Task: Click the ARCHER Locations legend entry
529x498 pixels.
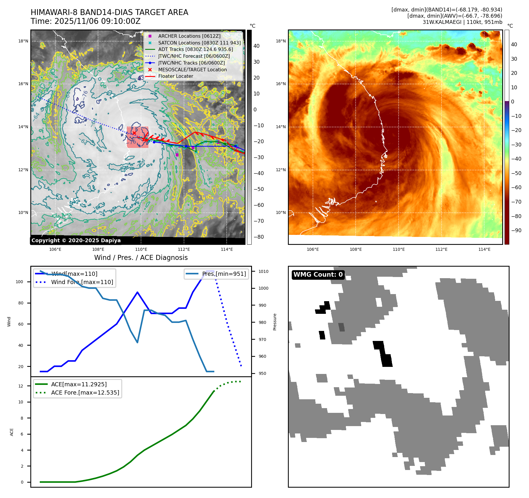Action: click(189, 36)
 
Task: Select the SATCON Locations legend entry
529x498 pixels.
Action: click(199, 43)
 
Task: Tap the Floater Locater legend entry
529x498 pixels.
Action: click(175, 76)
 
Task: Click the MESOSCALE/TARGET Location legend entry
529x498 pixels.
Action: click(192, 70)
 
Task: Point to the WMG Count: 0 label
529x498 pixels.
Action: click(318, 275)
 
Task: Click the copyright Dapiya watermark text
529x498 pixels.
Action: click(76, 240)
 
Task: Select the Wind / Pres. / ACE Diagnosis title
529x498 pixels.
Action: click(141, 258)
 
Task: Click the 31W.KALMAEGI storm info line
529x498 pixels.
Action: click(462, 22)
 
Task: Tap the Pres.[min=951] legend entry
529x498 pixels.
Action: click(224, 274)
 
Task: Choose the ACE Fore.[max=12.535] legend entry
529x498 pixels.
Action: click(85, 393)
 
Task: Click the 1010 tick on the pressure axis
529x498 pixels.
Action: click(263, 271)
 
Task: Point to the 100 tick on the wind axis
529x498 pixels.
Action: click(19, 282)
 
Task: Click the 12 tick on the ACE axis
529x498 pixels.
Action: click(21, 386)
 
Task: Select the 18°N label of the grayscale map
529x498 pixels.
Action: click(23, 41)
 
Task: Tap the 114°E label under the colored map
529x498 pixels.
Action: click(484, 249)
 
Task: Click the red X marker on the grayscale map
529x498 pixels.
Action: click(134, 133)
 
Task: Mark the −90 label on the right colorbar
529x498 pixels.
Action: click(516, 230)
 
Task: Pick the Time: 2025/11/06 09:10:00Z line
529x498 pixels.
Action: click(85, 21)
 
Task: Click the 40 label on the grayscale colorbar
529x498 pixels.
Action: click(256, 46)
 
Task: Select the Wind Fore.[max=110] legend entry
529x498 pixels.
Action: click(82, 282)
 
